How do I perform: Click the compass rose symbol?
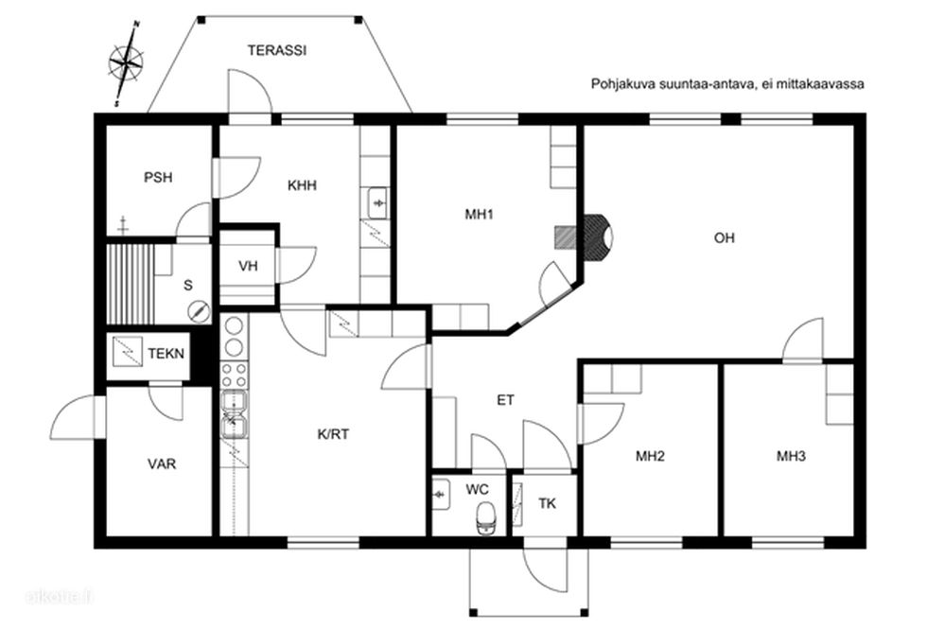coord(126,62)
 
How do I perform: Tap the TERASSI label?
coord(276,50)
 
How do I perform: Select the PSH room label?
coord(159,177)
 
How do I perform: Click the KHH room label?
coord(302,185)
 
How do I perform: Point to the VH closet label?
coord(248,266)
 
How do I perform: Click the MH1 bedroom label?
coord(479,214)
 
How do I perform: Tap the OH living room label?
coord(725,237)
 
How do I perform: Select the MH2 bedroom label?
coord(651,456)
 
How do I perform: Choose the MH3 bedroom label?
coord(791,456)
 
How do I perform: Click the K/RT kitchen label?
coord(333,434)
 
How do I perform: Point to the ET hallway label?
coord(505,400)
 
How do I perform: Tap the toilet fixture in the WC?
coord(486,517)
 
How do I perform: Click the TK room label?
coord(548,503)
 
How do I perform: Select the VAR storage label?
coord(162,464)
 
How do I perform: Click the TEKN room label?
coord(166,354)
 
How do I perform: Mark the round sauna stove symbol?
coord(199,311)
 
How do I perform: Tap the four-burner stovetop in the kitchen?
coord(235,374)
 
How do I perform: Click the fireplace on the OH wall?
coord(598,237)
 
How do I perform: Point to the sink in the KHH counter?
coord(377,203)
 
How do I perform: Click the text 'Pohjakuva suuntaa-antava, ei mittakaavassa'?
coord(727,84)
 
